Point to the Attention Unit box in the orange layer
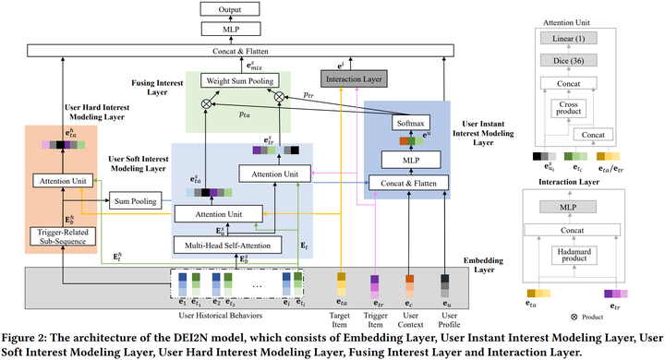[59, 181]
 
